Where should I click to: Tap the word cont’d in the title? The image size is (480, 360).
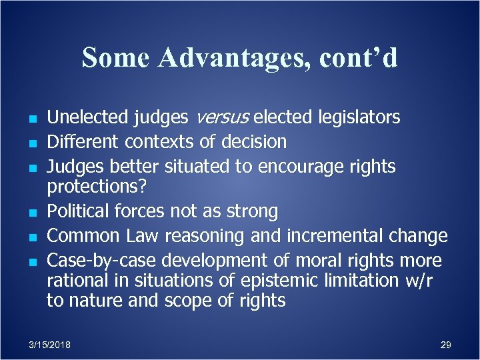coord(359,57)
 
